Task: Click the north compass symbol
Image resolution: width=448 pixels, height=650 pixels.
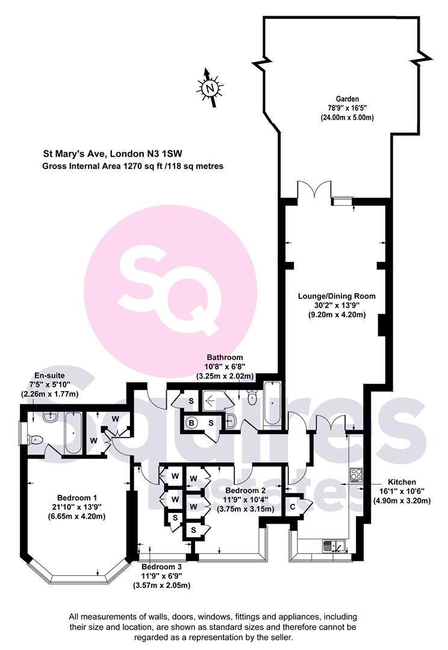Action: [210, 88]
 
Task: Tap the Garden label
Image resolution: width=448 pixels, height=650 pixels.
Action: [347, 99]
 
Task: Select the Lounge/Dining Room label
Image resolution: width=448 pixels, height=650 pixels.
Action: [337, 296]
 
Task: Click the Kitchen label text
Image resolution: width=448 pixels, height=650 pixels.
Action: [402, 482]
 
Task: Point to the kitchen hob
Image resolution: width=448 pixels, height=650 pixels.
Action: [356, 475]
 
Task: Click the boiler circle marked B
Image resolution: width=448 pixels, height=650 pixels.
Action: [191, 423]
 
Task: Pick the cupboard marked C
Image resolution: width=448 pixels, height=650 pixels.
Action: [293, 507]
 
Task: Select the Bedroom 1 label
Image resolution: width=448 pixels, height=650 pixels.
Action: [77, 498]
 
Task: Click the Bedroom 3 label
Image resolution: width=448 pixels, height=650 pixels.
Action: [161, 567]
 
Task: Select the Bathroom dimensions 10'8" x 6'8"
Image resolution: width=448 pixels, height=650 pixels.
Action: [226, 367]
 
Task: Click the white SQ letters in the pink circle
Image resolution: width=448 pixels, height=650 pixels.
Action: [170, 285]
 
